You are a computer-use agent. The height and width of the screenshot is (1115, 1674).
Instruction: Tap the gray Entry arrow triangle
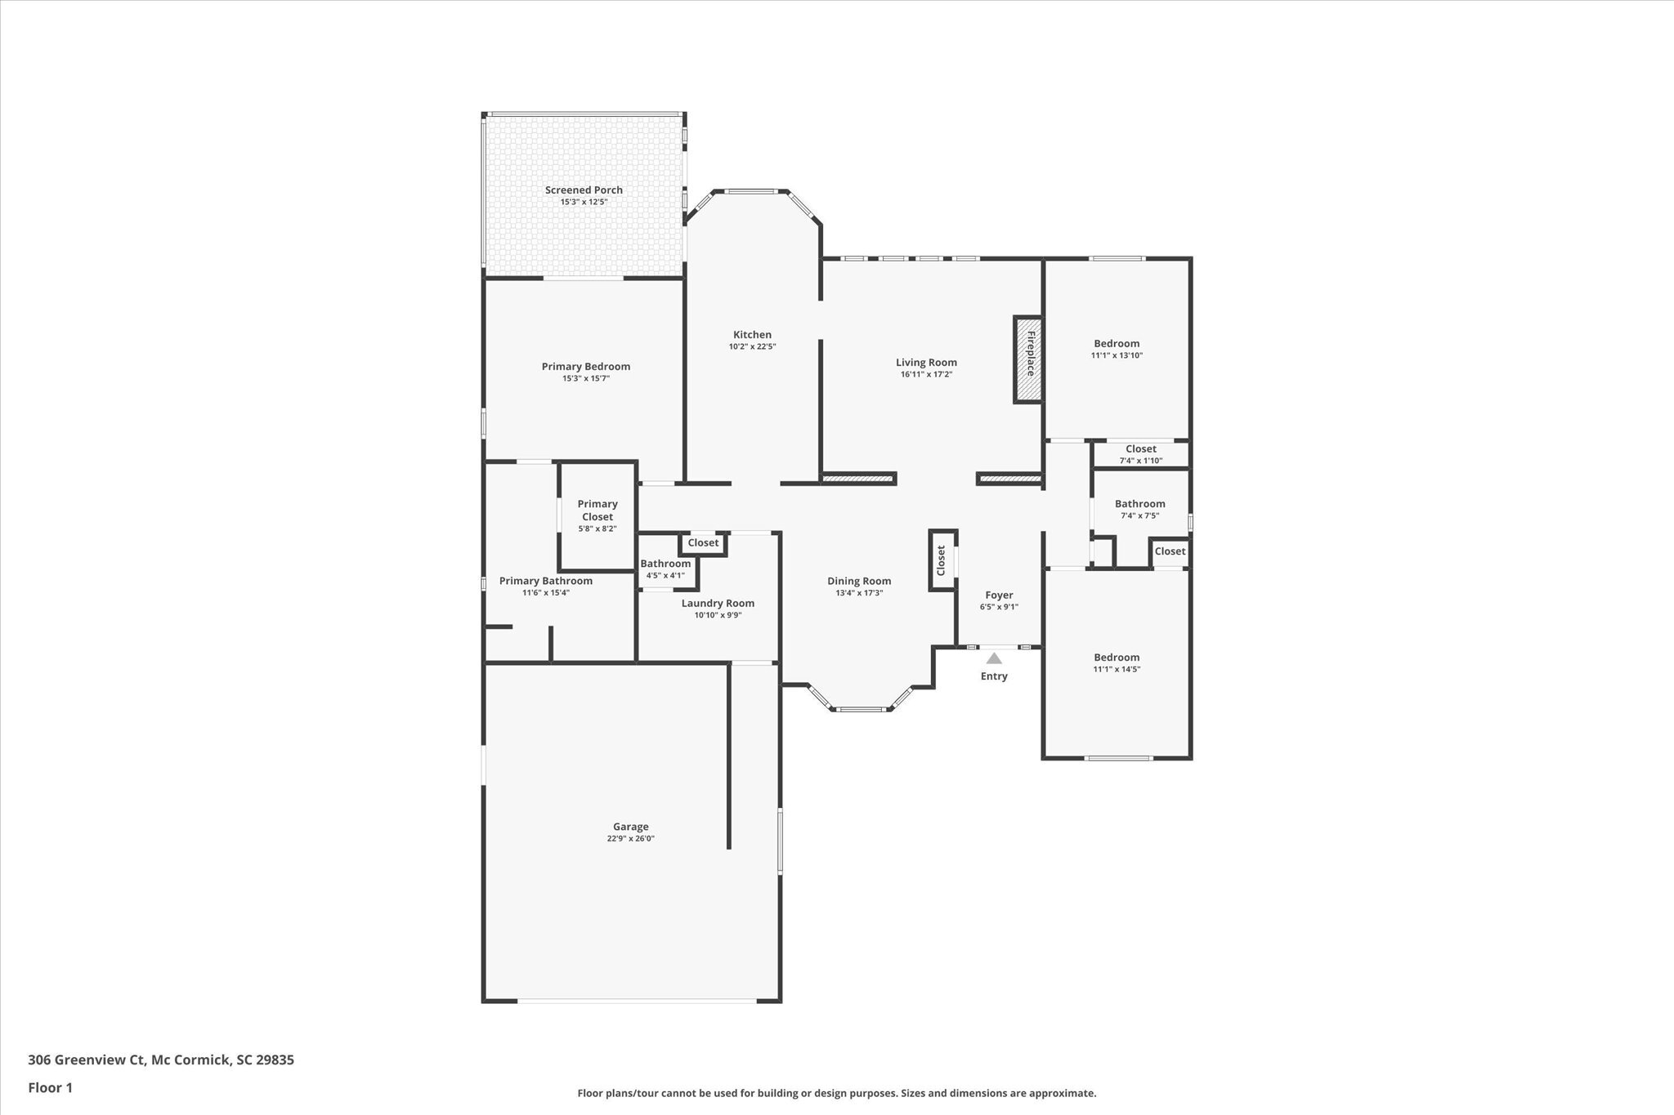[x=994, y=658]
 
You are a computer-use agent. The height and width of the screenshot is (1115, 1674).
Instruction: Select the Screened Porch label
[x=584, y=190]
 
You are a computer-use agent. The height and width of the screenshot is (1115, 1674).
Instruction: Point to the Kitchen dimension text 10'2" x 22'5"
[x=752, y=346]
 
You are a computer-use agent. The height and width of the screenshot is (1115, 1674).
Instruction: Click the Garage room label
[x=630, y=827]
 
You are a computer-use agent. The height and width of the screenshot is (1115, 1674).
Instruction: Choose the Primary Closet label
[x=598, y=511]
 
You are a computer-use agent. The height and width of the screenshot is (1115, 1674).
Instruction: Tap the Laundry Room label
[x=718, y=604]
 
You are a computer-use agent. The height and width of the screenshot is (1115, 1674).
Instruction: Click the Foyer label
[x=999, y=595]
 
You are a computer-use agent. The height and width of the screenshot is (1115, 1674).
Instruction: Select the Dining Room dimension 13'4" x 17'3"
[x=859, y=593]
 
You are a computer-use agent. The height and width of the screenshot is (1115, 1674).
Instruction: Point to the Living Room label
[x=926, y=363]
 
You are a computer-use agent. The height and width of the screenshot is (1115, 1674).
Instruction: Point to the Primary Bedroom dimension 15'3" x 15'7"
[x=585, y=378]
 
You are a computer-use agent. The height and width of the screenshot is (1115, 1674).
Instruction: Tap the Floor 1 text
[x=50, y=1088]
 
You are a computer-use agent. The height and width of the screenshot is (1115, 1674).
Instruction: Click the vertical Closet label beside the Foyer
[x=941, y=560]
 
